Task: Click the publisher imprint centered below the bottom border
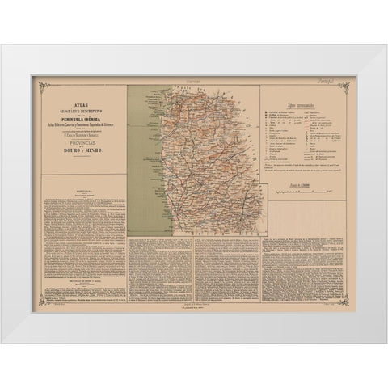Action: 194,309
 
